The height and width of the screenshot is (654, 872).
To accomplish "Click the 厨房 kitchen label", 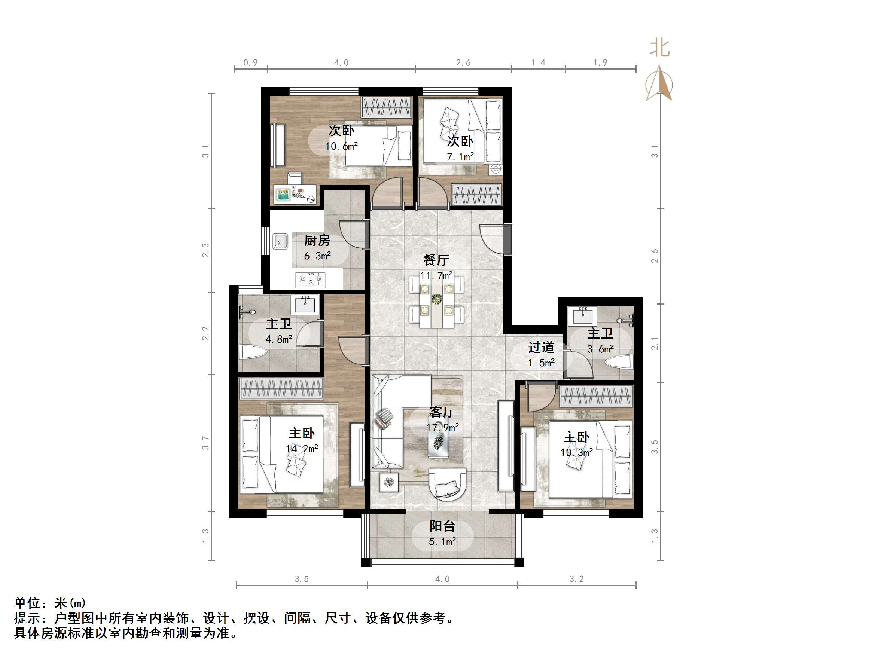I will click(317, 240).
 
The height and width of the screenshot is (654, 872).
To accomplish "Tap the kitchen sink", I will click(280, 241).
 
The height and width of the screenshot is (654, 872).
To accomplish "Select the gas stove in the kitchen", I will click(311, 280).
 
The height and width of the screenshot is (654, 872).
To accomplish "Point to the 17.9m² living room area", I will click(442, 427).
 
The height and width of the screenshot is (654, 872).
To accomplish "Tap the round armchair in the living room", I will click(448, 484).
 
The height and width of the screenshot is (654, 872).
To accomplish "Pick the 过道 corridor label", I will click(541, 347).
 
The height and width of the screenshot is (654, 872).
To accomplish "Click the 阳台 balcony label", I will click(442, 526).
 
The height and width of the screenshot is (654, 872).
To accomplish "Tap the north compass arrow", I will click(660, 84).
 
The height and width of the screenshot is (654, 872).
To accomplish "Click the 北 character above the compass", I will click(660, 49).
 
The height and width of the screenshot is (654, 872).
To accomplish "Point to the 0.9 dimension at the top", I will click(250, 63).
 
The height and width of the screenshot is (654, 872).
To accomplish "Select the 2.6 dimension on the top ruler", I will click(463, 63).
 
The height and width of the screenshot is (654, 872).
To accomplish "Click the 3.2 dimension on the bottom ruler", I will click(576, 579).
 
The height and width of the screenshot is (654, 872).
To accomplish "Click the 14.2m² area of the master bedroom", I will click(302, 449).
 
